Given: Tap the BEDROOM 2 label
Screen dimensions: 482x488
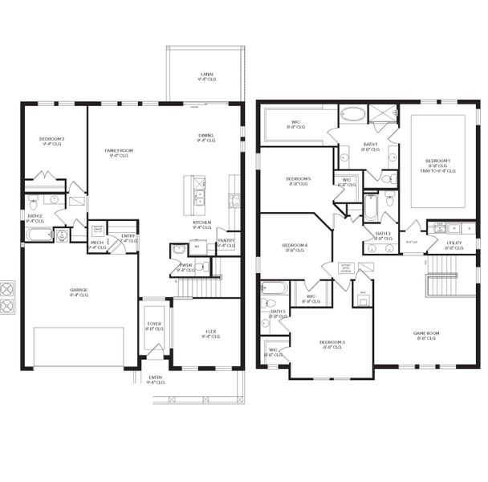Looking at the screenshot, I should [51, 139].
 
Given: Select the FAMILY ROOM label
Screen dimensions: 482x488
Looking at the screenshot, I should [118, 150].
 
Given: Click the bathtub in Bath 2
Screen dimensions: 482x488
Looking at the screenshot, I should [39, 235].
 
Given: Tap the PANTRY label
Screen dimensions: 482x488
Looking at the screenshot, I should [226, 240].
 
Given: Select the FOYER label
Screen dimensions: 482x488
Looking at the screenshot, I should [154, 325].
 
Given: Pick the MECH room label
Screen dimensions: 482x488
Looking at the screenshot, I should [96, 242].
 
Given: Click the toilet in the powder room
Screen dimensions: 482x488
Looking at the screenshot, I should [178, 251].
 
